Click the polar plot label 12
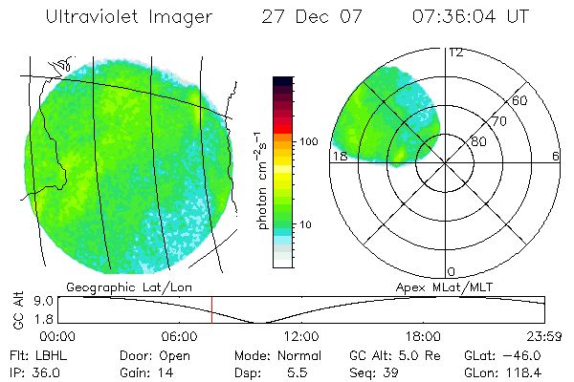[x=455, y=53]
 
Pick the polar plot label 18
[x=338, y=156]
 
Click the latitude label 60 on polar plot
[x=520, y=99]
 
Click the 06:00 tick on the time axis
[x=180, y=336]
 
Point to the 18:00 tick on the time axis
[x=422, y=336]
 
